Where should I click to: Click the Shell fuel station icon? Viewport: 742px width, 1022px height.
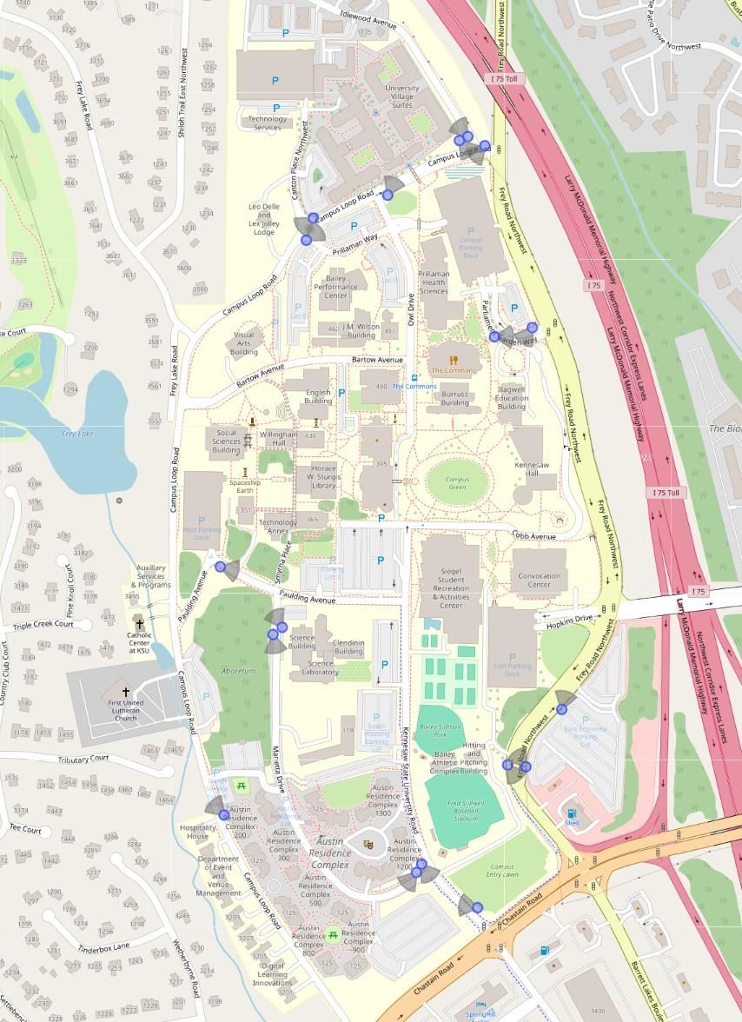572,813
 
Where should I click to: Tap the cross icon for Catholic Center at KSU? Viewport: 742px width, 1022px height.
138,623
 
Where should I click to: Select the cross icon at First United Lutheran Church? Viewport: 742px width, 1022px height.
127,693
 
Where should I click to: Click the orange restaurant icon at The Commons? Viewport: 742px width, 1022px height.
454,359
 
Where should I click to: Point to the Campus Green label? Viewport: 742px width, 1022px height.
458,483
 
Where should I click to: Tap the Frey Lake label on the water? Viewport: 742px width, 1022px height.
77,434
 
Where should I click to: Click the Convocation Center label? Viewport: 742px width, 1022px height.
539,580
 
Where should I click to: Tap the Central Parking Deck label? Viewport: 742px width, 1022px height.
470,249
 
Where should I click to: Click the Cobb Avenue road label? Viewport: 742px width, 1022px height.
533,536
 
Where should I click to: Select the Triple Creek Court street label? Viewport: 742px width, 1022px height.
50,625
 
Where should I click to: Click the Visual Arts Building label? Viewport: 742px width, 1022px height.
244,343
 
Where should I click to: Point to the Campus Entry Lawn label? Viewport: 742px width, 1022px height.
502,872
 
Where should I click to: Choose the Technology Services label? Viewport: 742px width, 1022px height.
267,123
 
